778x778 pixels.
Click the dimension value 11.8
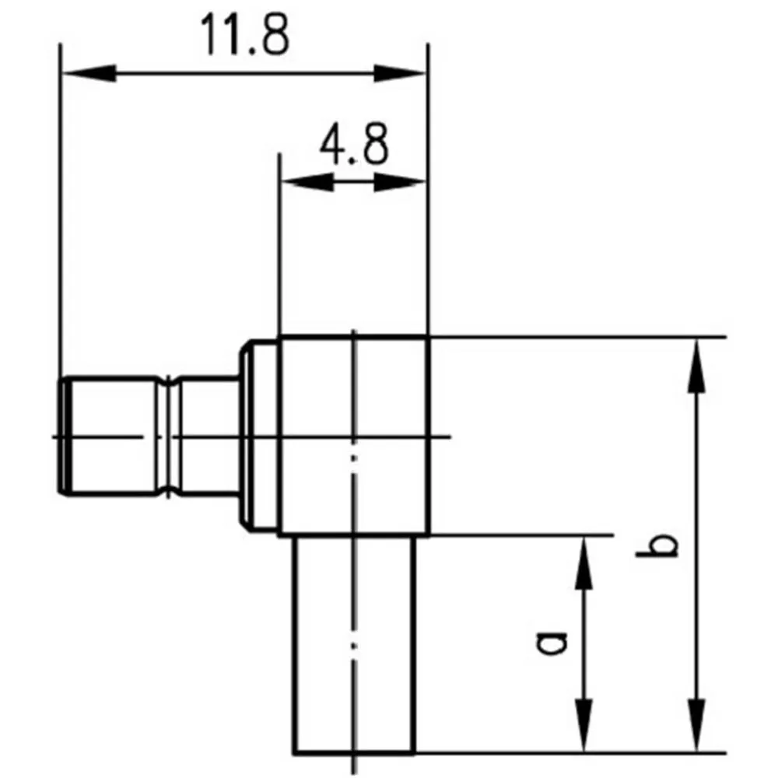pyautogui.click(x=244, y=35)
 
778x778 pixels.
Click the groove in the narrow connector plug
pyautogui.click(x=170, y=436)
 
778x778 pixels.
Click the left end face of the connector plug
pyautogui.click(x=62, y=436)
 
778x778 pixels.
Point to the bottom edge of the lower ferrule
pyautogui.click(x=354, y=753)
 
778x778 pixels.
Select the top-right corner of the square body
pyautogui.click(x=429, y=336)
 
